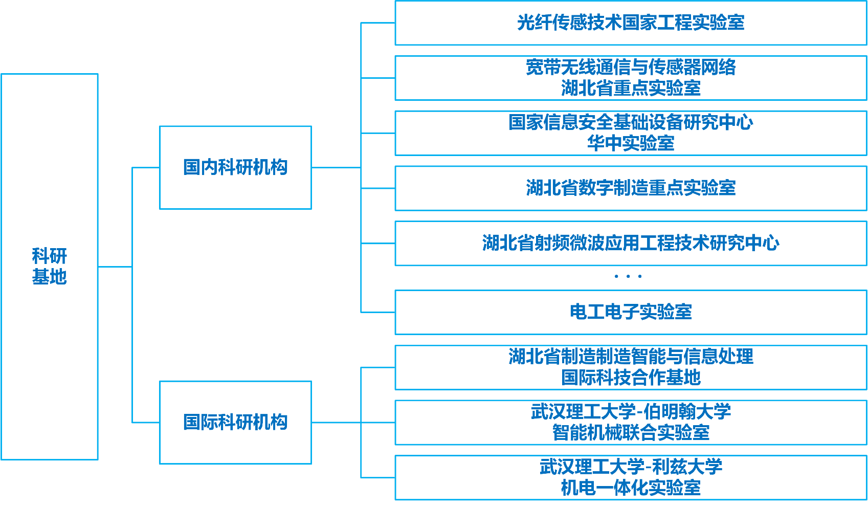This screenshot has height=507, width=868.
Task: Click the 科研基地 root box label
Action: pyautogui.click(x=49, y=266)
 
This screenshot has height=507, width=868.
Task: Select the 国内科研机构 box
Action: pyautogui.click(x=235, y=167)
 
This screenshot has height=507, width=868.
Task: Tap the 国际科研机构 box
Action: pyautogui.click(x=235, y=423)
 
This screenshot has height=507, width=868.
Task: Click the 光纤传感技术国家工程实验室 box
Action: pyautogui.click(x=631, y=23)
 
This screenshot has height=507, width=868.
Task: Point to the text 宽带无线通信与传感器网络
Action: pyautogui.click(x=631, y=67)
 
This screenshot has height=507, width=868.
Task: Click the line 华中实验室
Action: pyautogui.click(x=631, y=143)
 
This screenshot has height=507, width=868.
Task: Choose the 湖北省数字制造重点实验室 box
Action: pyautogui.click(x=631, y=188)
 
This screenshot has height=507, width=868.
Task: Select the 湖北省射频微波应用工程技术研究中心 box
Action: pyautogui.click(x=631, y=243)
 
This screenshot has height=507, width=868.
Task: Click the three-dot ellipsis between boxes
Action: pyautogui.click(x=628, y=276)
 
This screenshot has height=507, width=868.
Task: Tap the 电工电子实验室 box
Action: pyautogui.click(x=631, y=312)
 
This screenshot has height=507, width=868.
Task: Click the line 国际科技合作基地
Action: pyautogui.click(x=631, y=378)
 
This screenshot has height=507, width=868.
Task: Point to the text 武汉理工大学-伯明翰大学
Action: pyautogui.click(x=631, y=411)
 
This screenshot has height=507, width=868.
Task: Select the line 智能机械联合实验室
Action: pyautogui.click(x=631, y=433)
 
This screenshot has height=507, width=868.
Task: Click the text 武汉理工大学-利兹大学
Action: pyautogui.click(x=631, y=467)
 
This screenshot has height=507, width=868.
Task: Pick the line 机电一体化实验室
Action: pyautogui.click(x=631, y=488)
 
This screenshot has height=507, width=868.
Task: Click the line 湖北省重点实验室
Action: pyautogui.click(x=631, y=89)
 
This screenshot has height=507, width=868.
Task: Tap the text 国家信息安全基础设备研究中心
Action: pyautogui.click(x=631, y=122)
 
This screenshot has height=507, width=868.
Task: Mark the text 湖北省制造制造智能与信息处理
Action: pyautogui.click(x=631, y=356)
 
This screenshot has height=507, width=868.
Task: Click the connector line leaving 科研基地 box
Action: pyautogui.click(x=115, y=267)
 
